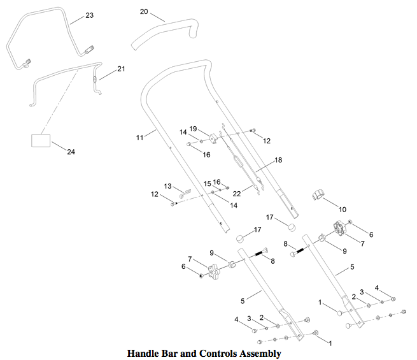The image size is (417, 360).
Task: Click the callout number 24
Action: point(71,152)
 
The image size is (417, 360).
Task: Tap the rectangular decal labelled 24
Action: point(41,141)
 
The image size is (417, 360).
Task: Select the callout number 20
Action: point(144,11)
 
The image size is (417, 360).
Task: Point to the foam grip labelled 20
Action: point(166,34)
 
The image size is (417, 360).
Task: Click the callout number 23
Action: point(89,15)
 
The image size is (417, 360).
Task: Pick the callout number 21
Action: point(121,69)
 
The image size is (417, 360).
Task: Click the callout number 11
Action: point(139,138)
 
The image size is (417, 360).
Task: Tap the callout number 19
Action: point(193,129)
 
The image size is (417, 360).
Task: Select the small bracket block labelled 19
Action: point(213,139)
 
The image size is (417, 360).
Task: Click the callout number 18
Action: point(278,160)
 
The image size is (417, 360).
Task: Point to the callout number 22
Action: point(237,194)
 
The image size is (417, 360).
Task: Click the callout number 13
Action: point(167,186)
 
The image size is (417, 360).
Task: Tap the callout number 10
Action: point(343,210)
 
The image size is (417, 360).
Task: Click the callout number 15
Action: point(207,184)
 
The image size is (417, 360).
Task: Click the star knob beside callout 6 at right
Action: point(340,229)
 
